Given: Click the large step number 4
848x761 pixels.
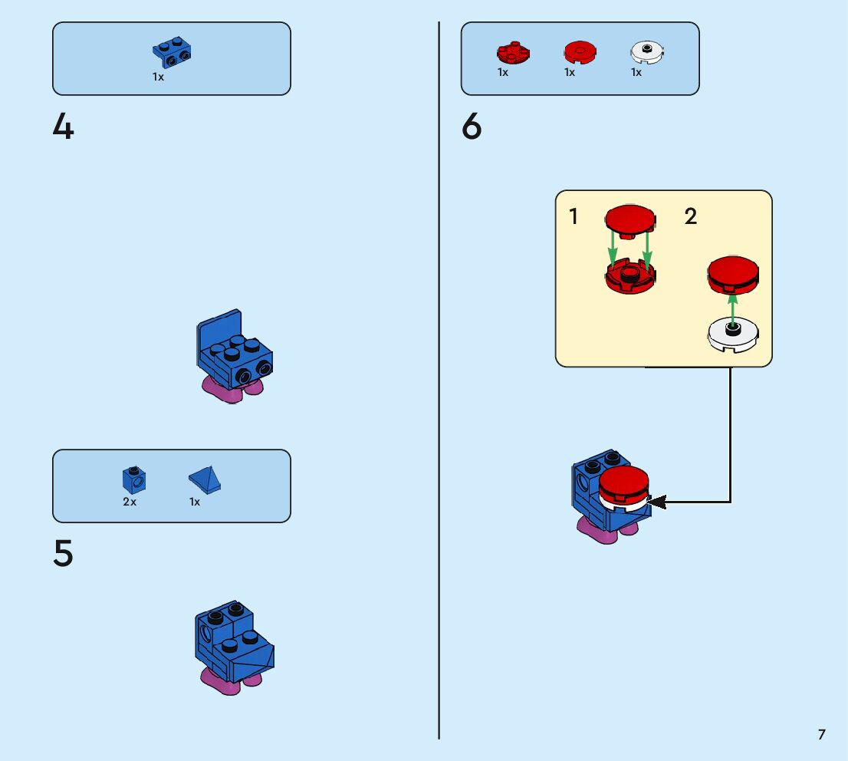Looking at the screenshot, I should (64, 127).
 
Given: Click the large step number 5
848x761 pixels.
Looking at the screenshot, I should (64, 555).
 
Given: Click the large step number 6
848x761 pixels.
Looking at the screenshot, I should (472, 127).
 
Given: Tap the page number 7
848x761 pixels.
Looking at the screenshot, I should (821, 734).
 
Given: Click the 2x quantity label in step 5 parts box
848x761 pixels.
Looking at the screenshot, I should (130, 502).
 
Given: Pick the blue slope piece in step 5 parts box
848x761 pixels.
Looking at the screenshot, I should (205, 479).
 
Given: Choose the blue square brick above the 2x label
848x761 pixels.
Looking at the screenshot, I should (134, 479).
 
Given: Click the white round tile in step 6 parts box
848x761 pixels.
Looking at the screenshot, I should (647, 52).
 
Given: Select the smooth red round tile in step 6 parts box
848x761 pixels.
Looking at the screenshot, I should (580, 52).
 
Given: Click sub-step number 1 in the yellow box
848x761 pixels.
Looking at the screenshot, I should (574, 217).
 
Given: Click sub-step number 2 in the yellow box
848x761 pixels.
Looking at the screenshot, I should (691, 217).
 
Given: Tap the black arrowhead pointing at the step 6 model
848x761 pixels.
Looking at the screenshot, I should (657, 502).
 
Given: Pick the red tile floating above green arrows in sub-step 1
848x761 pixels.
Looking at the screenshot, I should (630, 218).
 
